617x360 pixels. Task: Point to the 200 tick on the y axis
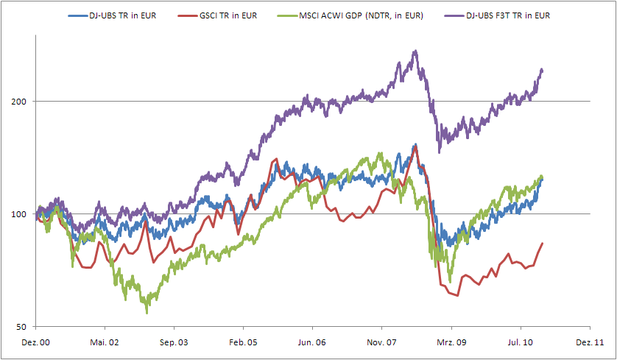coord(23,101)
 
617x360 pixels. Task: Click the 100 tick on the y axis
coord(23,214)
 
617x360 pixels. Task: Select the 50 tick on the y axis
coord(25,327)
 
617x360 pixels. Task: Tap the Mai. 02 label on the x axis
coord(105,342)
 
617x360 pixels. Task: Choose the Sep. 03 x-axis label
coord(174,342)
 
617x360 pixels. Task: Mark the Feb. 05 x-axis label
coord(243,342)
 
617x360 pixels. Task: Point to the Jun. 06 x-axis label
coord(312,342)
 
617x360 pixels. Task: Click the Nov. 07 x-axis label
coord(382,342)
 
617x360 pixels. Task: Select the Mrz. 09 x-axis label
coord(451,342)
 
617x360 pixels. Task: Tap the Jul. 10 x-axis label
coord(521,342)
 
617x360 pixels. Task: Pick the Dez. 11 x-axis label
coord(590,342)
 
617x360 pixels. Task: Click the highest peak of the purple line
coord(415,52)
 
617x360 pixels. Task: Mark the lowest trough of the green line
coord(147,313)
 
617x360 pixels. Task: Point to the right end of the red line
coord(543,244)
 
